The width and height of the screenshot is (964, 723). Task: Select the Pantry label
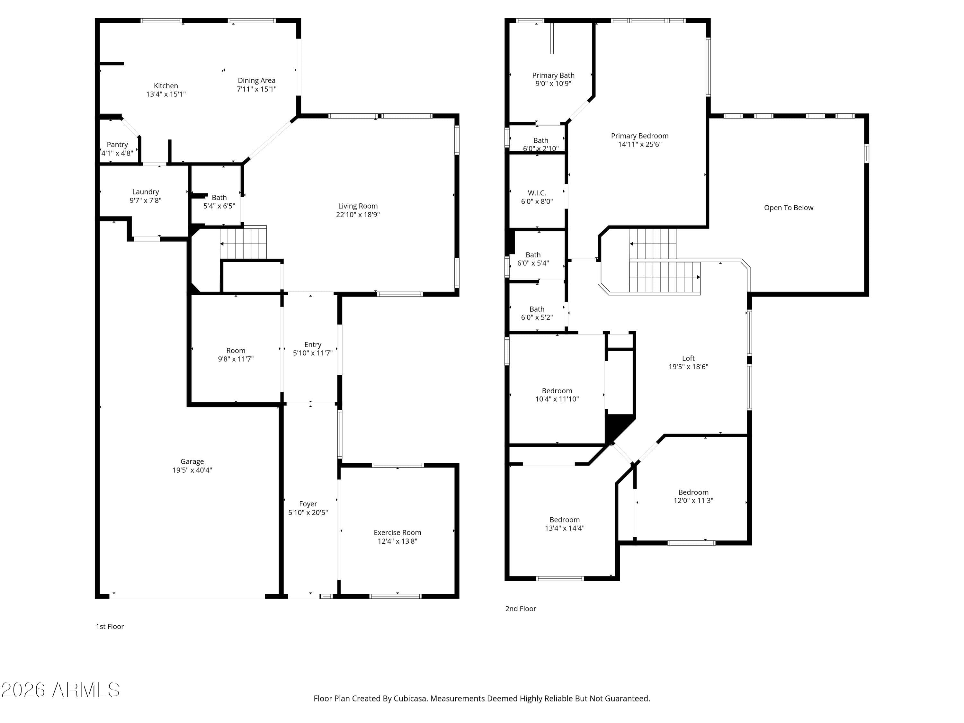tap(117, 145)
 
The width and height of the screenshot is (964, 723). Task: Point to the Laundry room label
tap(146, 192)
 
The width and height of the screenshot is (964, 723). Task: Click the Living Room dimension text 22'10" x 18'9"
tap(358, 214)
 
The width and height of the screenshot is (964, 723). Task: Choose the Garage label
tap(192, 461)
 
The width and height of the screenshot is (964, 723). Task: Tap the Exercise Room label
tap(397, 532)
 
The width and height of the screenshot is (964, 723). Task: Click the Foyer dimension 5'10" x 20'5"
tap(308, 513)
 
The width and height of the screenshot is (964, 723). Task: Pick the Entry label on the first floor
tap(313, 345)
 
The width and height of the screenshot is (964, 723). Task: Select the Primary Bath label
tap(553, 76)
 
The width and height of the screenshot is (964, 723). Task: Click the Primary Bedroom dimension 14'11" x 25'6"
tap(640, 144)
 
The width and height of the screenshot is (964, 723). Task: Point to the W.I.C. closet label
tap(537, 193)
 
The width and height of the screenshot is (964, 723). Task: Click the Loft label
tap(688, 358)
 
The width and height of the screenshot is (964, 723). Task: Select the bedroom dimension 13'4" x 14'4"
tap(565, 528)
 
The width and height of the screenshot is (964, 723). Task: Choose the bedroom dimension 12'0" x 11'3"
tap(693, 500)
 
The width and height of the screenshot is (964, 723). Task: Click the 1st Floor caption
tap(110, 626)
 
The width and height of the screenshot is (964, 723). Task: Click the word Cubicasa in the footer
tap(410, 698)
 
